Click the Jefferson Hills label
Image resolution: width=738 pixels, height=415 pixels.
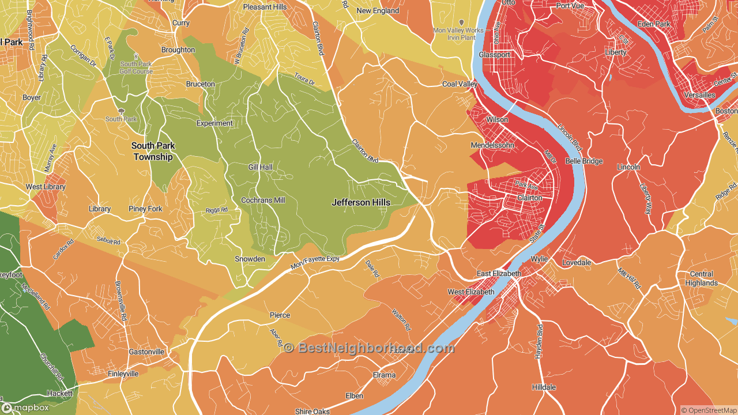361,202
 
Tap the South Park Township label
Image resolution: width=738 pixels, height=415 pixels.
153,152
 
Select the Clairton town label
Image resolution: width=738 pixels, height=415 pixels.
529,198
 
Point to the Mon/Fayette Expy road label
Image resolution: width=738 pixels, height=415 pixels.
315,263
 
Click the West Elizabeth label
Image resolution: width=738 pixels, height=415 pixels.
471,292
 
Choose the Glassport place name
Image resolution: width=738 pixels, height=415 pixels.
495,55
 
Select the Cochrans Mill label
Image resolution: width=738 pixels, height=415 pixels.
263,200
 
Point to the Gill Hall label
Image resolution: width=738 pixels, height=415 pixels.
260,167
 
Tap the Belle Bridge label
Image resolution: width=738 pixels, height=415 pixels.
583,161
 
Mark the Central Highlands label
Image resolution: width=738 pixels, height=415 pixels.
701,278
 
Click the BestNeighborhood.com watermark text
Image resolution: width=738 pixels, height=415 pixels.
369,348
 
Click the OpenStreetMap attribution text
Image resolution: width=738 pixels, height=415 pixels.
709,410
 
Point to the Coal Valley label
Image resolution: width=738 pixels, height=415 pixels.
460,84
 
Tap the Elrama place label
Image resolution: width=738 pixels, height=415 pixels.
384,375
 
